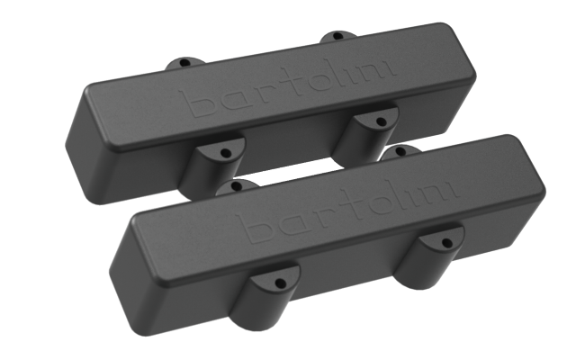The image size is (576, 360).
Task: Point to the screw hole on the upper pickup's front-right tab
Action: [x=380, y=120]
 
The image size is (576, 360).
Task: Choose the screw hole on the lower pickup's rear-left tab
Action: [x=237, y=188]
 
